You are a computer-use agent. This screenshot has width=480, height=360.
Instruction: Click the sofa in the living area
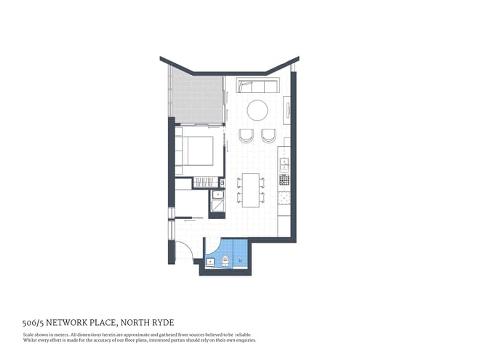[257, 87]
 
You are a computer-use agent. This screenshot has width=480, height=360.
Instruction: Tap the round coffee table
[258, 110]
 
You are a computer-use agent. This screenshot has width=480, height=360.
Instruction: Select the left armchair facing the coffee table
[246, 135]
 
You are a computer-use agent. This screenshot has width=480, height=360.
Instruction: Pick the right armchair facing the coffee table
[268, 135]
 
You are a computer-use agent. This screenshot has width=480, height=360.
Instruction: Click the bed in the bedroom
[197, 152]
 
